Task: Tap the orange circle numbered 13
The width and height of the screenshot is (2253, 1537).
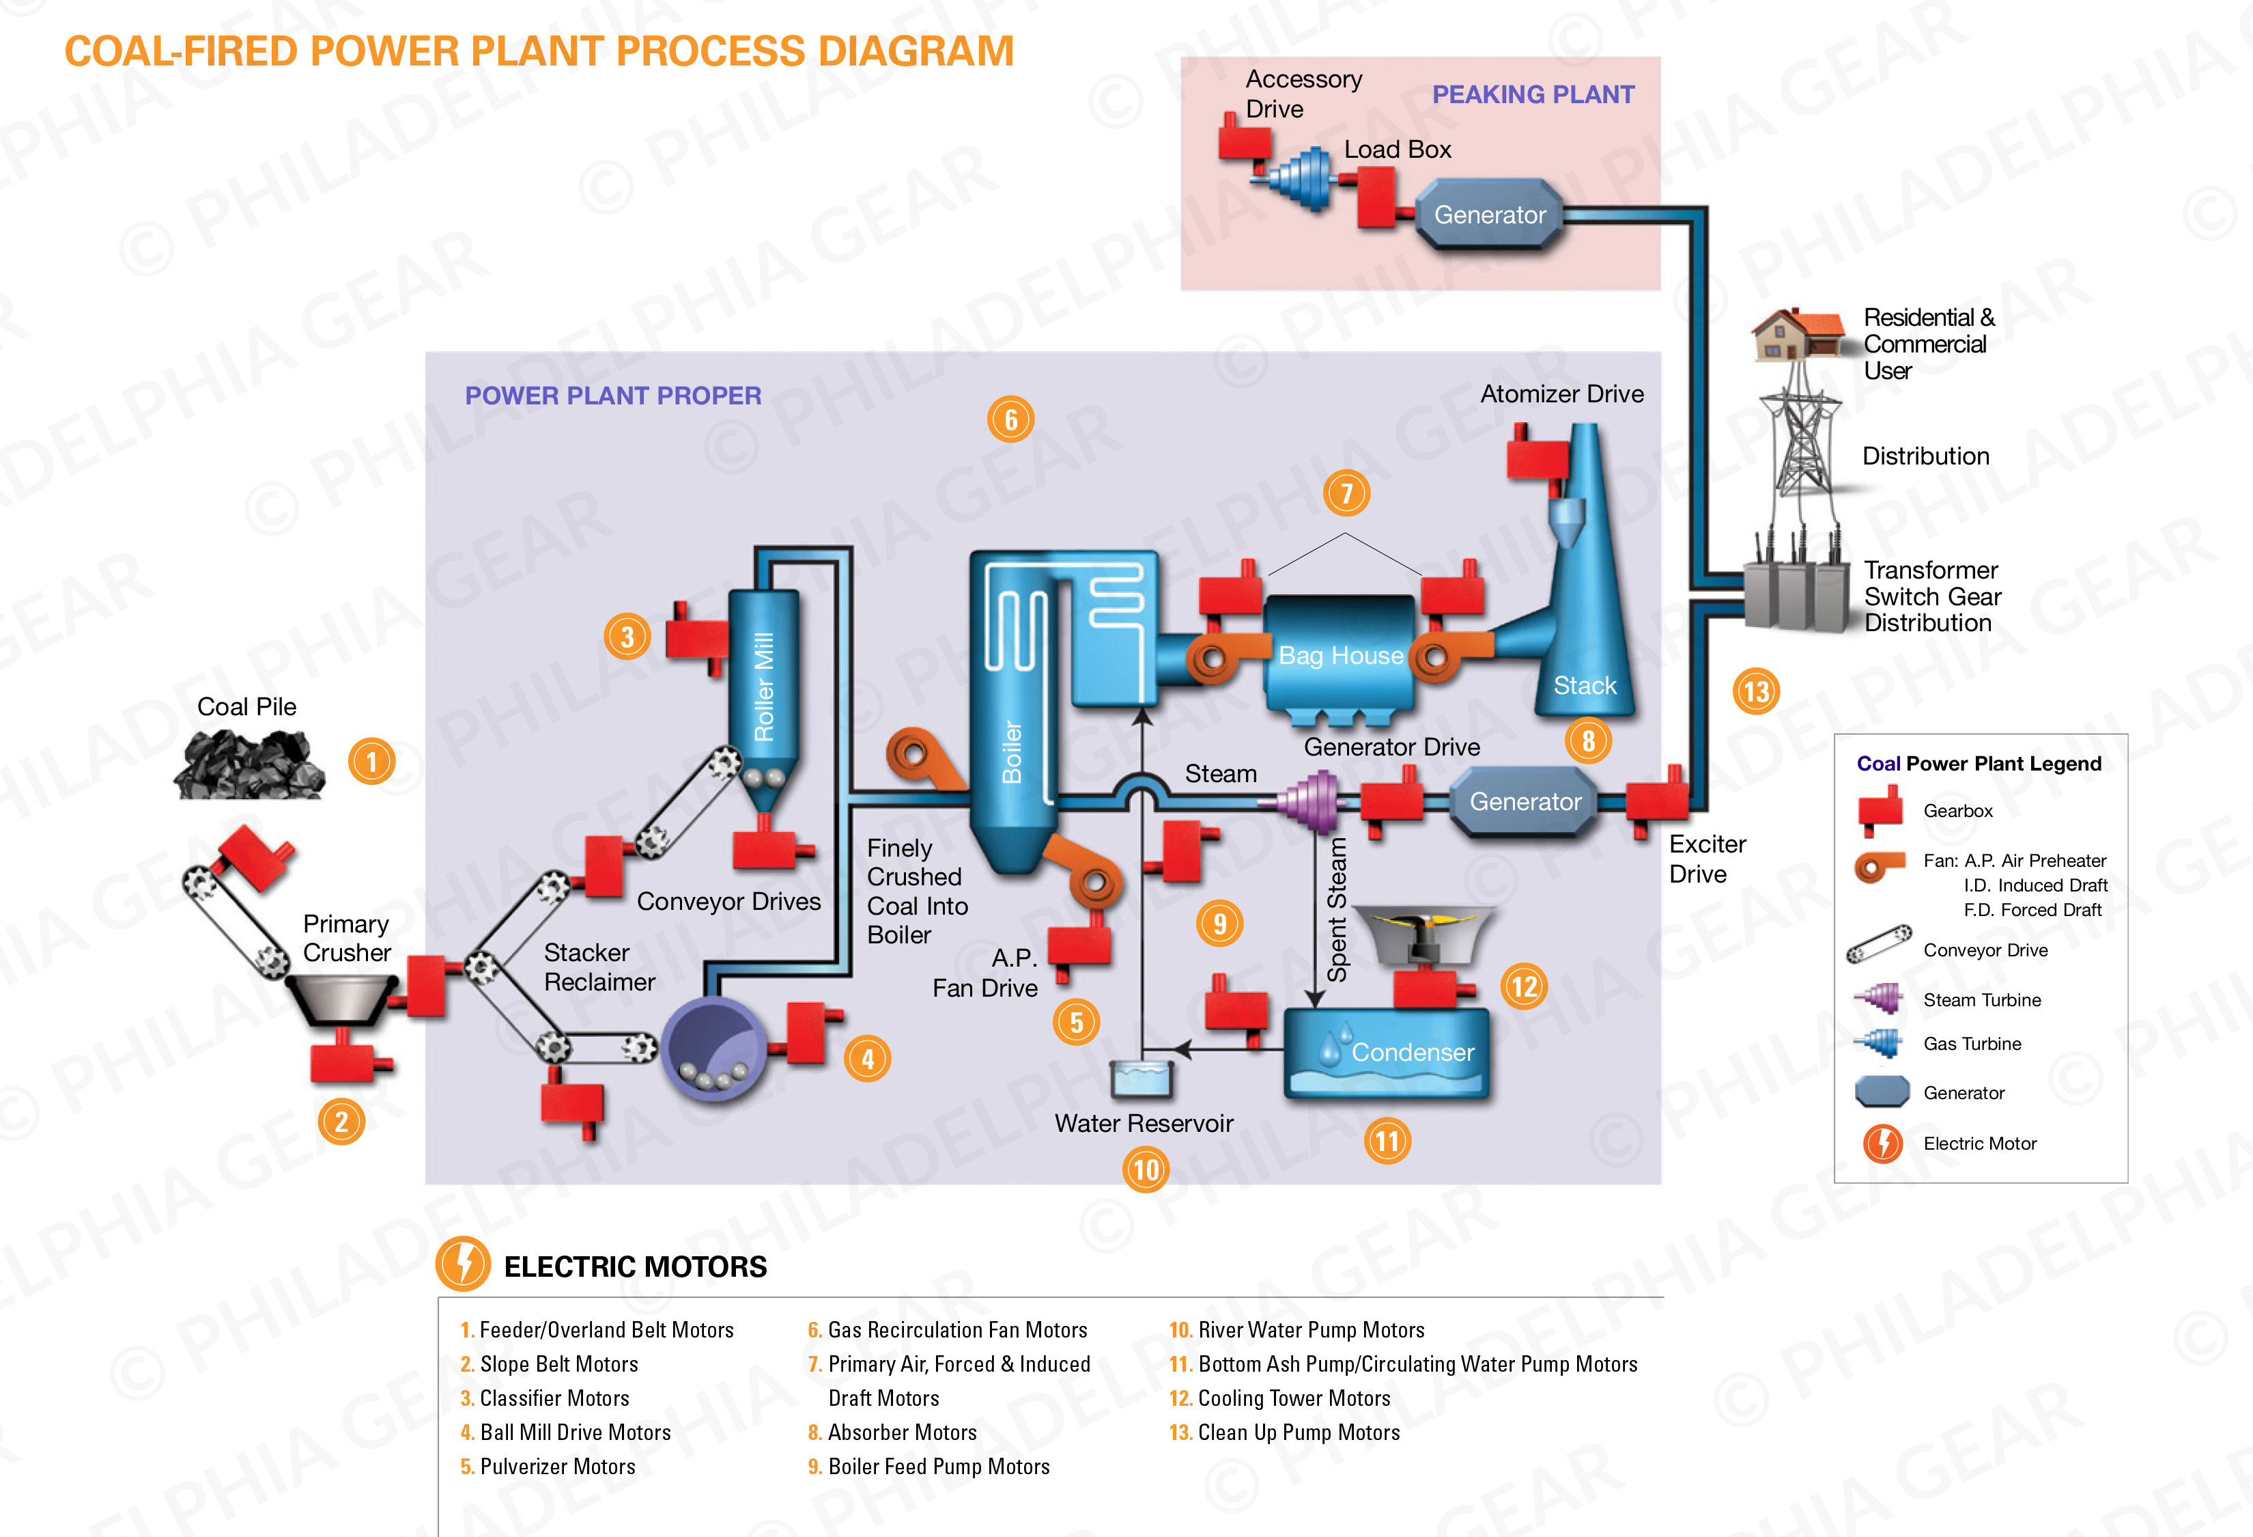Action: point(1756,691)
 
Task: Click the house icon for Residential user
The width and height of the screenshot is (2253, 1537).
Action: point(1796,333)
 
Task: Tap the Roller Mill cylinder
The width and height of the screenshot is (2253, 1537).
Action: point(764,679)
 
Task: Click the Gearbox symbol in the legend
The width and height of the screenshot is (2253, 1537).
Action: point(1879,809)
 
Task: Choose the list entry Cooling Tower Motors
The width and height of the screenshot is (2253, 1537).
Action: point(1293,1398)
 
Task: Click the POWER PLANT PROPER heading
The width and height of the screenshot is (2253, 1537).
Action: point(612,396)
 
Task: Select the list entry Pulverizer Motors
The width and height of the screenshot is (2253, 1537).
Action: point(556,1466)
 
